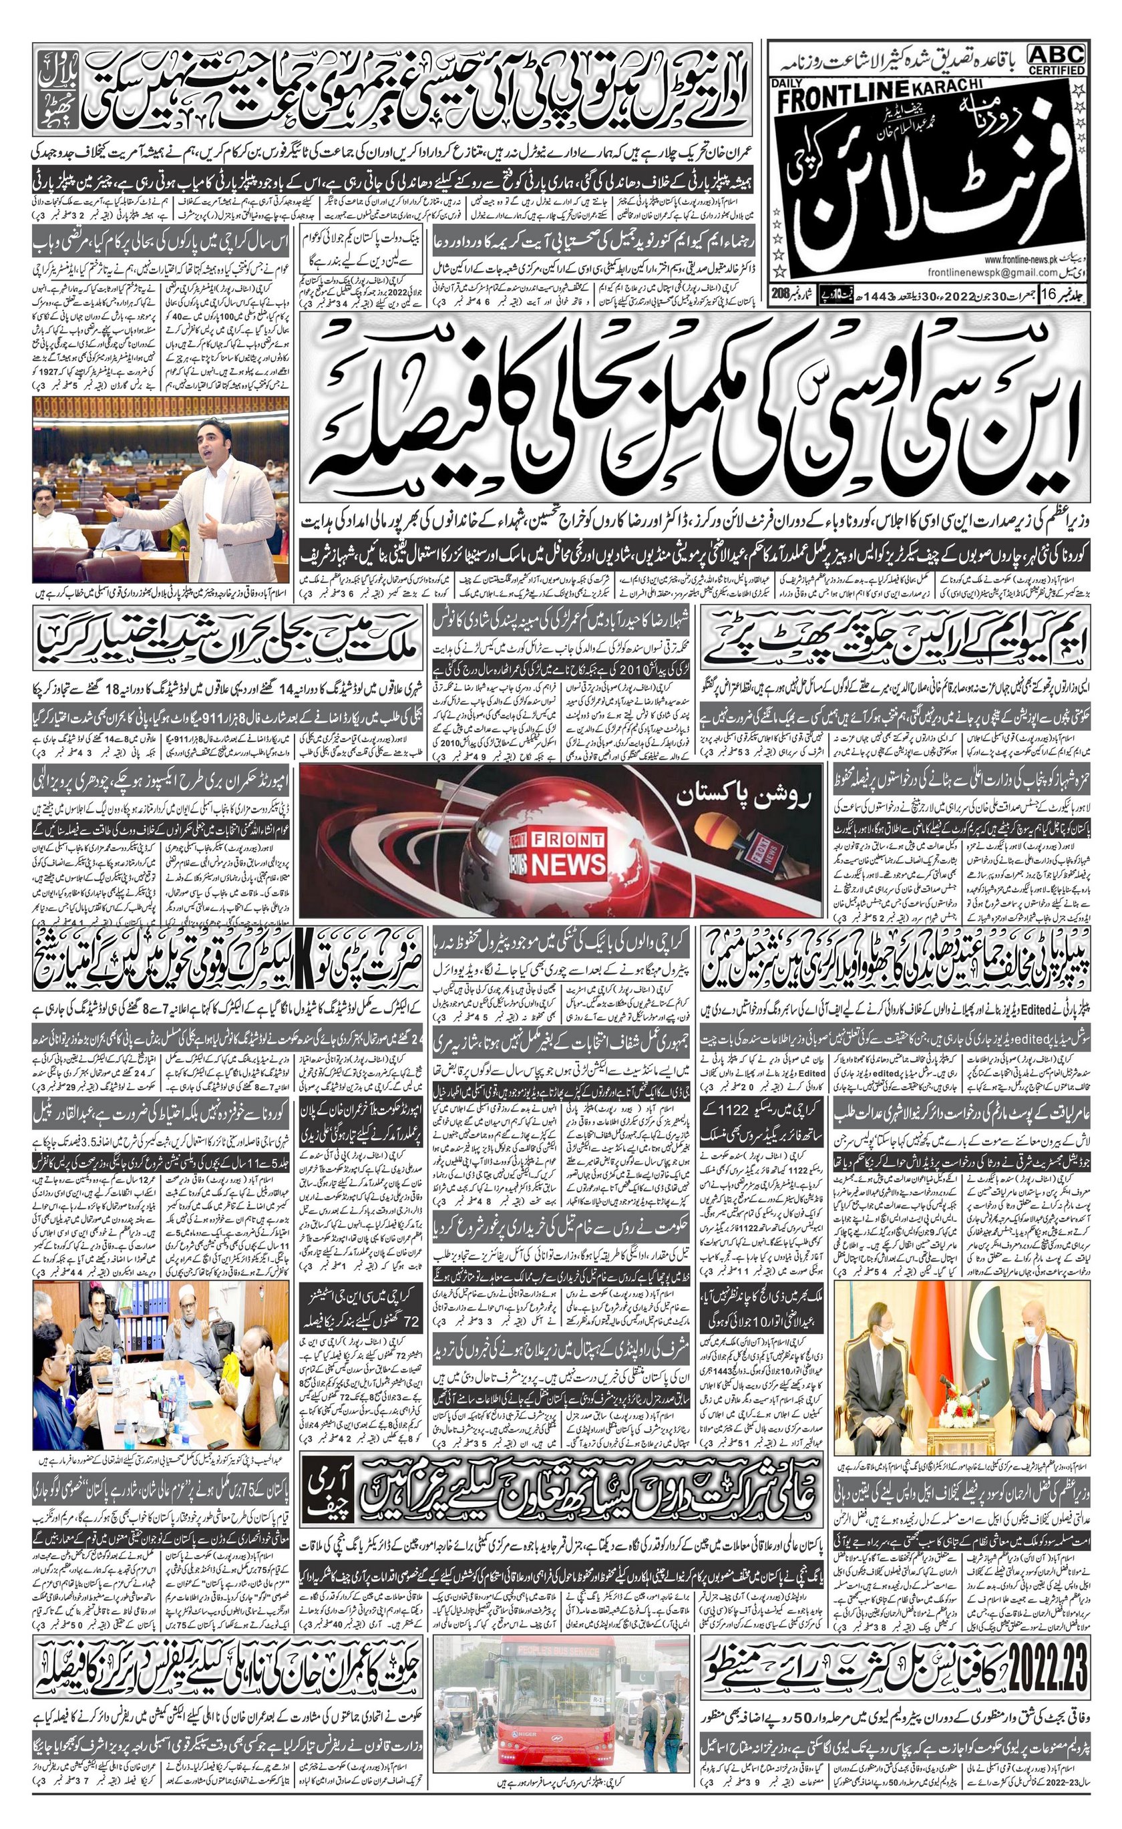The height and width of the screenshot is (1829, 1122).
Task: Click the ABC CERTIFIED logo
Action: click(x=1057, y=59)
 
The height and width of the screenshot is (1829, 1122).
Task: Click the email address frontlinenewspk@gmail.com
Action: click(x=983, y=273)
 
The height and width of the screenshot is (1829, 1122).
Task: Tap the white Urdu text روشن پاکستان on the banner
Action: click(x=744, y=797)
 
